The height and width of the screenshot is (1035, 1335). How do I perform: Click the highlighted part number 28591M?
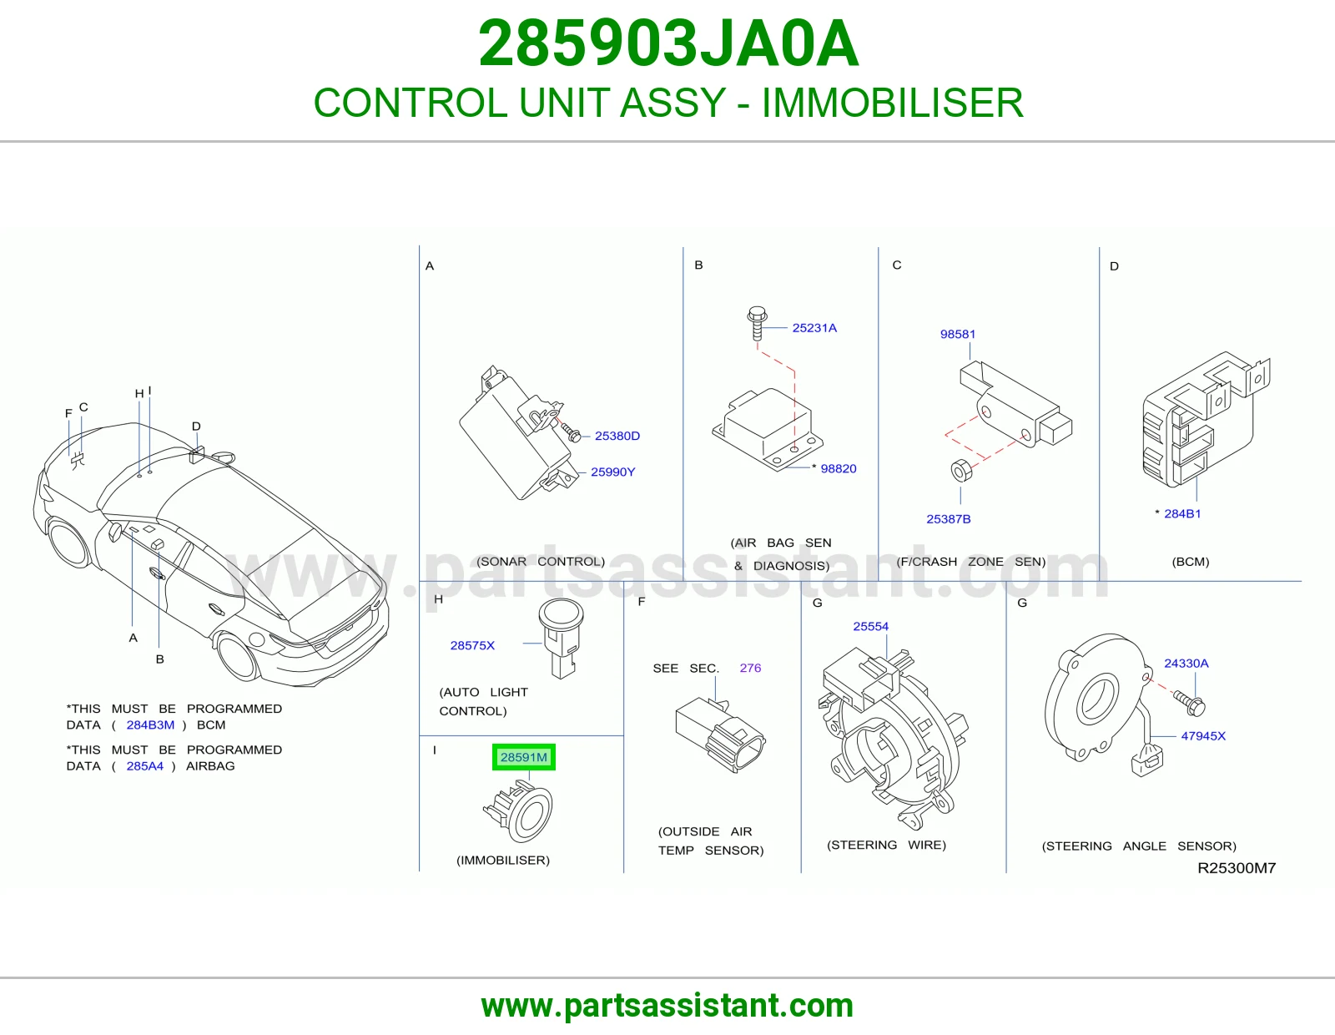523,757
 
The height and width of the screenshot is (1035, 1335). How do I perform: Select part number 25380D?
617,436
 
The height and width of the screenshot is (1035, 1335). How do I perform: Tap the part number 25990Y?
612,472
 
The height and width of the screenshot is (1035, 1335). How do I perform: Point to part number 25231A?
814,328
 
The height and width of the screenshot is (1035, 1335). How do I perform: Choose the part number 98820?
838,469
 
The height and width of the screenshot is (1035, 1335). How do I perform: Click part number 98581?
957,335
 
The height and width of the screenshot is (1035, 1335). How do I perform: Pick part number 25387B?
948,519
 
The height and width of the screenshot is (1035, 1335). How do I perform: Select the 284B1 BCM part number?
1182,514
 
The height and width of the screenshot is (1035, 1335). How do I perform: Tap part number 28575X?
471,645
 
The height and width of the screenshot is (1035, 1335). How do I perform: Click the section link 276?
750,668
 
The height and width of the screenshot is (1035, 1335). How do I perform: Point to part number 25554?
870,626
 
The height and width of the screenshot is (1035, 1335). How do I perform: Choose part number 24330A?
1186,664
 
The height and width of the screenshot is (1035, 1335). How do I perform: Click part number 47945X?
1203,735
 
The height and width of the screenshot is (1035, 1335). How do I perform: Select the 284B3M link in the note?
150,724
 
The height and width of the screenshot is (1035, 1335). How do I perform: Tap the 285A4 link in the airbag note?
145,765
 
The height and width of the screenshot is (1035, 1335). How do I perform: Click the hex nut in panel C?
961,470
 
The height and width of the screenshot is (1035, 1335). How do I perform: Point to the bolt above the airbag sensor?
757,323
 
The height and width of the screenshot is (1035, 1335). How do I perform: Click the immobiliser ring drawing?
519,811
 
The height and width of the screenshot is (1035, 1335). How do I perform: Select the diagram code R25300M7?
1236,868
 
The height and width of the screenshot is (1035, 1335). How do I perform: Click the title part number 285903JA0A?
668,43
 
